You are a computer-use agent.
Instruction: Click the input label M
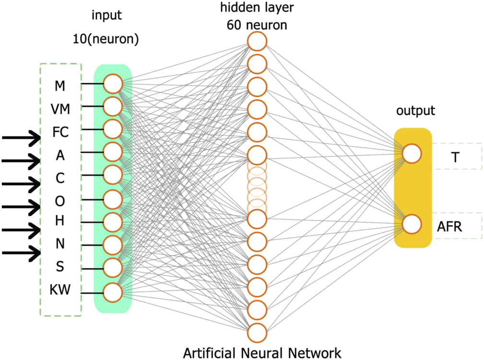point(60,86)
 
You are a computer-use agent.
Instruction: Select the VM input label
point(60,109)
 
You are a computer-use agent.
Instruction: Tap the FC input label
point(60,132)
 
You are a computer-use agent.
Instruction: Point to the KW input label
point(60,290)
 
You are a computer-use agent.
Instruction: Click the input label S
point(60,267)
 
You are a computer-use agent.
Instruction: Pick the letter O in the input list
point(60,201)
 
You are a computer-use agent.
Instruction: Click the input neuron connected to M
point(113,83)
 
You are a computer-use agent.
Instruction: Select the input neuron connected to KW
point(113,292)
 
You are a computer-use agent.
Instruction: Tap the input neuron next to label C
point(113,175)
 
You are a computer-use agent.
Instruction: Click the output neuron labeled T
point(412,153)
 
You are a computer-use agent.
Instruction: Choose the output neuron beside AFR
point(412,224)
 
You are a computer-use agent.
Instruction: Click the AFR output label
point(449,227)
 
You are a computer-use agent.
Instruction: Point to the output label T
point(455,157)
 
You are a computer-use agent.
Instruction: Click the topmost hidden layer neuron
point(257,41)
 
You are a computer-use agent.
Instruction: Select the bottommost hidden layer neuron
point(257,333)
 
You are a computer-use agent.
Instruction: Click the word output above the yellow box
point(415,110)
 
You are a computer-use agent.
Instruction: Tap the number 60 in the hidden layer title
point(234,25)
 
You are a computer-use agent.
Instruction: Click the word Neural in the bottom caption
point(262,353)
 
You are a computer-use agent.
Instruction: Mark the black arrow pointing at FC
point(21,137)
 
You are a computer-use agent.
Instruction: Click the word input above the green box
point(106,15)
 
